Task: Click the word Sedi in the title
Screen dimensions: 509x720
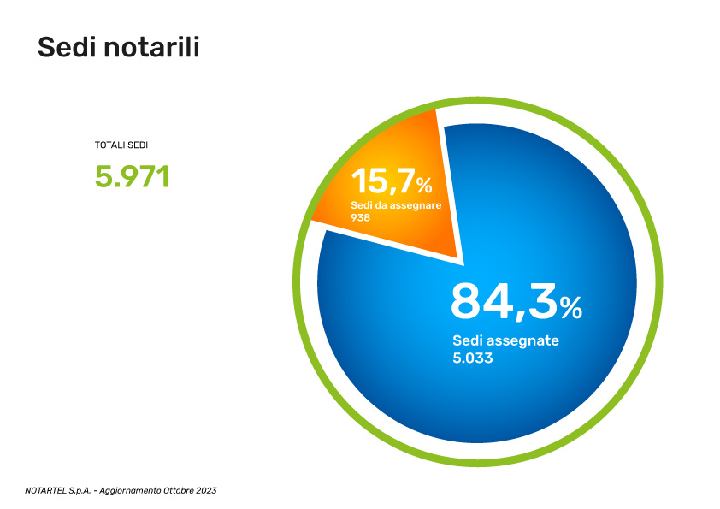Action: (x=67, y=48)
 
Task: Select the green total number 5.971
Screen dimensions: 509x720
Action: (x=133, y=176)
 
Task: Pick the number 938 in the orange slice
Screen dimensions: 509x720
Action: (x=360, y=218)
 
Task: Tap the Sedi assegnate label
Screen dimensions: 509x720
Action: (x=505, y=340)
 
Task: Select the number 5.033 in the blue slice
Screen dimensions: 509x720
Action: (x=473, y=358)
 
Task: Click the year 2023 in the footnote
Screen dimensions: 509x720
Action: (x=206, y=490)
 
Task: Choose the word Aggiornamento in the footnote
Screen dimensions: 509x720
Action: (x=131, y=490)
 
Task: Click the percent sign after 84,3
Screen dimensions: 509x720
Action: (x=571, y=306)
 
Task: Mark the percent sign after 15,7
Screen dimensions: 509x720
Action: (x=424, y=185)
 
